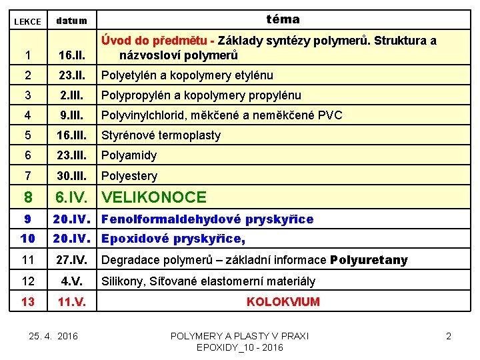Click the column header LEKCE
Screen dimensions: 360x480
(x=27, y=22)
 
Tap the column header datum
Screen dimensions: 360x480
(x=71, y=21)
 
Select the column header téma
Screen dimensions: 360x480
(x=283, y=19)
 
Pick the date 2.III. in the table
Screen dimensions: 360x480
(x=71, y=95)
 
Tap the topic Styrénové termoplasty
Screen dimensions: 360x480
(x=161, y=135)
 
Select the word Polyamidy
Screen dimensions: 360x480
(x=129, y=155)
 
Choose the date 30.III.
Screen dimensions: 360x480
(x=71, y=176)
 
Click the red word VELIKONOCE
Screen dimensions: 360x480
(x=153, y=197)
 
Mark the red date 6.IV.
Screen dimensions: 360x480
(x=71, y=197)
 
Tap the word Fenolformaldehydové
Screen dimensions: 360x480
(x=171, y=219)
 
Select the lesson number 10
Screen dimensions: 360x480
(x=27, y=239)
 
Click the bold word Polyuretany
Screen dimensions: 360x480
(x=369, y=260)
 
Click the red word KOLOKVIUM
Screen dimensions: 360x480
(x=283, y=302)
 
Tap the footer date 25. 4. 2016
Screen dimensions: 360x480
(x=54, y=335)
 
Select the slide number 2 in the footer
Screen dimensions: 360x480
(x=448, y=336)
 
